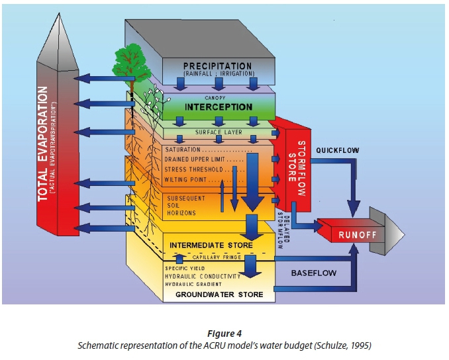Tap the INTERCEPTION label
pyautogui.click(x=219, y=107)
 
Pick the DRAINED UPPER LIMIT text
pyautogui.click(x=195, y=159)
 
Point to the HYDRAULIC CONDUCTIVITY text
pyautogui.click(x=201, y=275)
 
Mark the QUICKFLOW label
pyautogui.click(x=337, y=150)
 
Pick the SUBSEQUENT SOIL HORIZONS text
pyautogui.click(x=177, y=204)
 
